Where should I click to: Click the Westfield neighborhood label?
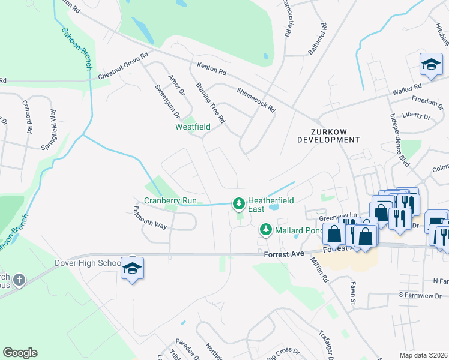tap(193, 127)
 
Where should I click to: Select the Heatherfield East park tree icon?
tap(239, 205)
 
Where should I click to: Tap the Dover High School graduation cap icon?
tap(132, 268)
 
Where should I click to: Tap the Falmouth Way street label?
tap(149, 218)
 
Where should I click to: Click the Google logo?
tap(20, 353)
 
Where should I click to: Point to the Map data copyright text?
tap(423, 355)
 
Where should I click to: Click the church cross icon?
tap(18, 280)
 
